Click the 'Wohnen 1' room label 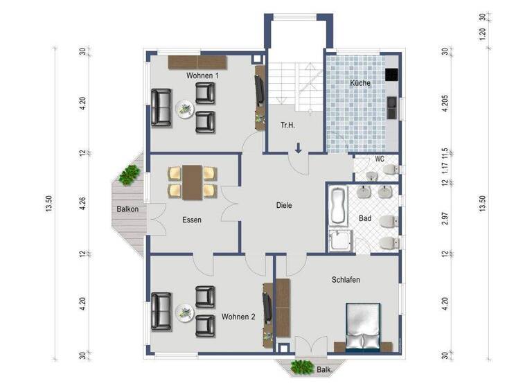coord(202,75)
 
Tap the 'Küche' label coord(360,83)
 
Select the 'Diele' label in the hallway coord(284,205)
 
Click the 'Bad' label coord(365,218)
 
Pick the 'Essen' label coord(192,220)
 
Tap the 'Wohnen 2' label coord(239,317)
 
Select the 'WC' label coord(380,159)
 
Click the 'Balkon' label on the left coord(127,209)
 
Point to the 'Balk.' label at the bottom coord(324,370)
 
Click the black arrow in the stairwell coord(298,147)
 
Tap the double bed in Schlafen coord(363,326)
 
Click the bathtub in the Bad coord(339,206)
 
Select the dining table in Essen coord(192,182)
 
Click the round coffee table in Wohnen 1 coord(185,108)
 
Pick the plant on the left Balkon coord(128,175)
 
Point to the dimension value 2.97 coord(445,219)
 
